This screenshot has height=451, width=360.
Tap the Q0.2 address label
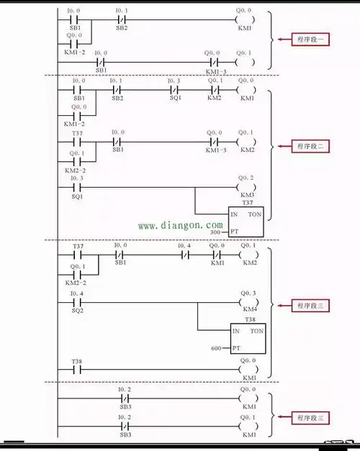point(246,178)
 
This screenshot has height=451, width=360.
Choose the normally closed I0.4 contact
point(186,255)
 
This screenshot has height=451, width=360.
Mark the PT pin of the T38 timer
point(235,349)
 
